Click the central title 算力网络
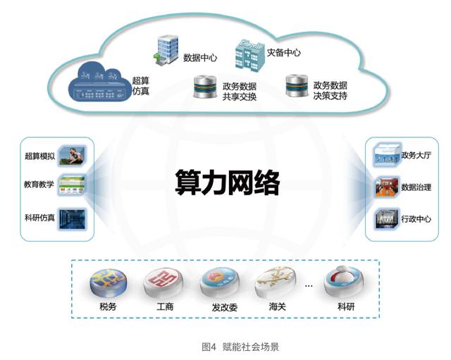[x=227, y=184]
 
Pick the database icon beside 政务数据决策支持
[x=295, y=87]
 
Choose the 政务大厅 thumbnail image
[x=386, y=155]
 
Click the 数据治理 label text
[x=416, y=187]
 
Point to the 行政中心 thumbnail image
[x=386, y=218]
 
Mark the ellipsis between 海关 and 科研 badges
[x=308, y=286]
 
